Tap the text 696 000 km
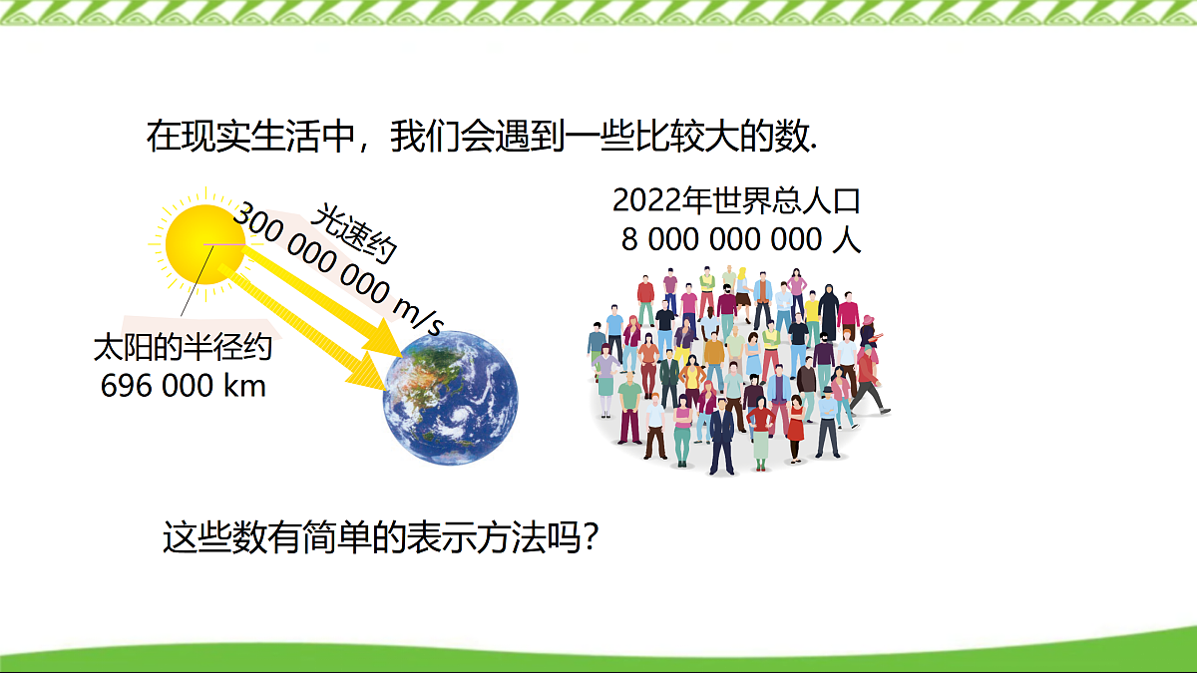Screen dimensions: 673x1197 (184, 385)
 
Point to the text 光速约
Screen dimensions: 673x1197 (354, 233)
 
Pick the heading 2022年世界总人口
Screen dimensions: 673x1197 (736, 200)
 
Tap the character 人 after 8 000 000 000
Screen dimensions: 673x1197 (846, 240)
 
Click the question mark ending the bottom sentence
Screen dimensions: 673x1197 (591, 539)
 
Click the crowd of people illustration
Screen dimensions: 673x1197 (738, 369)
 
